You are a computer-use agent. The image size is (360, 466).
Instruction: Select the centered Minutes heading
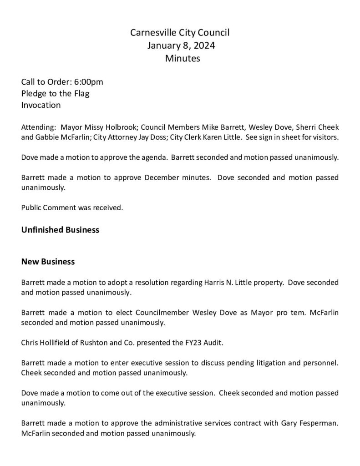pos(183,58)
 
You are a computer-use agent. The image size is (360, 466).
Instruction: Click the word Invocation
pos(41,105)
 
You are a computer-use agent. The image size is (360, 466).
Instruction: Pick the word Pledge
pos(34,94)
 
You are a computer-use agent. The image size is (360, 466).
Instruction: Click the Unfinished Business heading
pos(60,230)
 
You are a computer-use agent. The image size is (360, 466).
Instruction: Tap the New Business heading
pos(48,262)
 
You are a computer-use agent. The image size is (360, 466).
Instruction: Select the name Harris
pos(211,282)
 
